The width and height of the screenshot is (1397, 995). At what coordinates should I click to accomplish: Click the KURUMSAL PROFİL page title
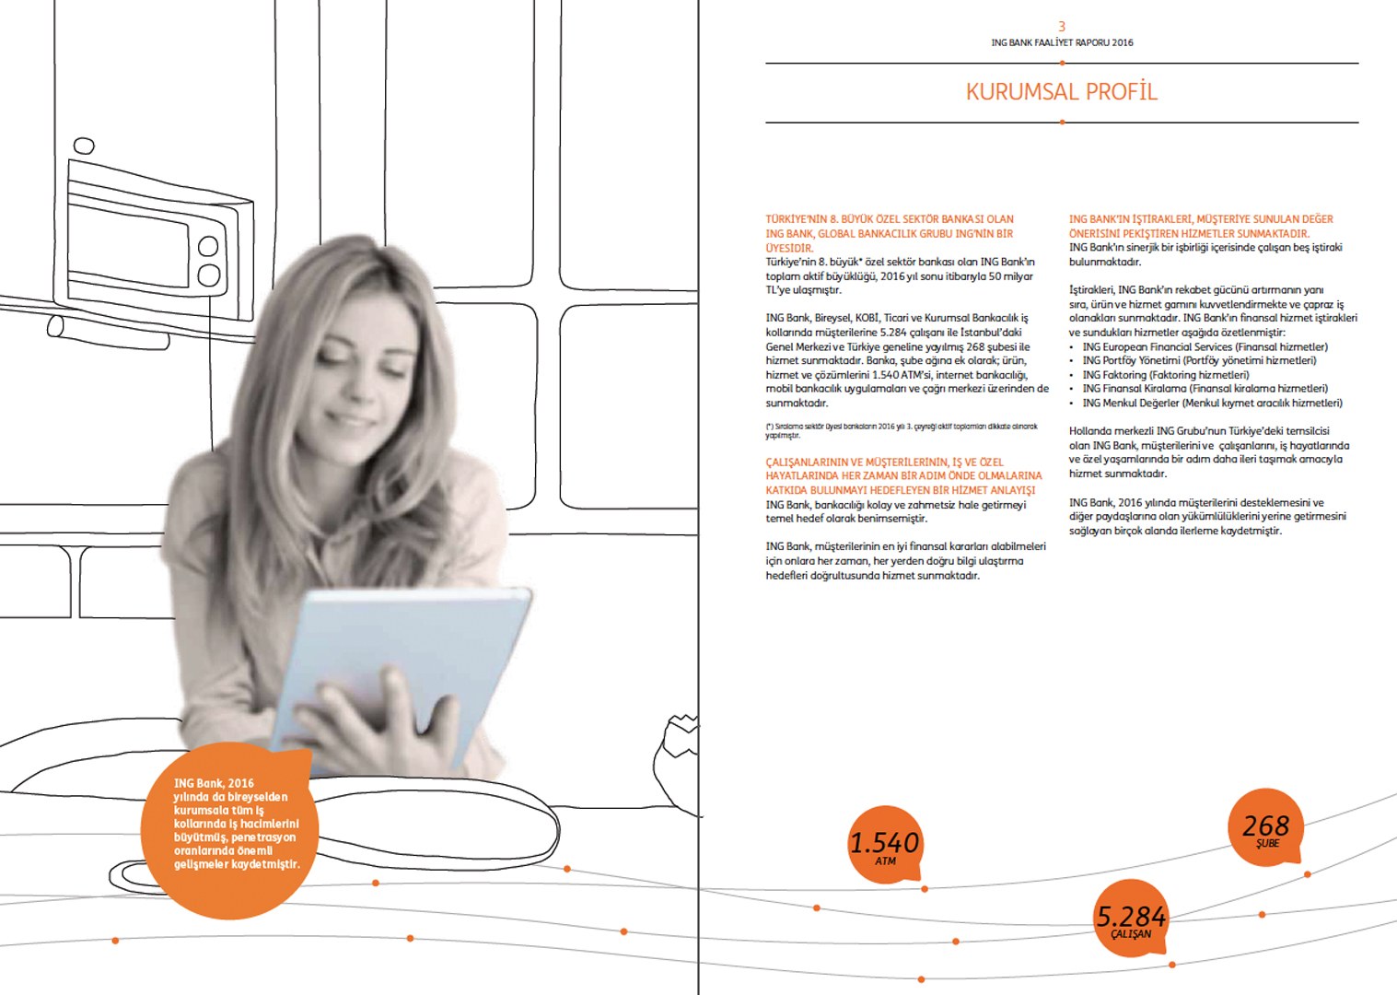(1061, 92)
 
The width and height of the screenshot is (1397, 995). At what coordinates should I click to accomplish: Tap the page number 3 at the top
(1062, 27)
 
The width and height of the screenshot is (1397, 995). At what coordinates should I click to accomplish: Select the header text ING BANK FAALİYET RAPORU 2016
(1062, 42)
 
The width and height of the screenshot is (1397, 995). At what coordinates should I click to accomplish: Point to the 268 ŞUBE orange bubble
(1266, 827)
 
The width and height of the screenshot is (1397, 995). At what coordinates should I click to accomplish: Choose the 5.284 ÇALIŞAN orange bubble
(1131, 919)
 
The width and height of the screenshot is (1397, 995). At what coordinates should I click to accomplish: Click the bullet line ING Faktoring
(1166, 375)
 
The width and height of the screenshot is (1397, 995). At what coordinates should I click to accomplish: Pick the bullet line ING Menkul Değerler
(1212, 403)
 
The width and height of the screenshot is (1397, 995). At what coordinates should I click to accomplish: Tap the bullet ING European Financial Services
(1205, 346)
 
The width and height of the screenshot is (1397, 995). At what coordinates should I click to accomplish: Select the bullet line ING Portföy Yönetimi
(1199, 360)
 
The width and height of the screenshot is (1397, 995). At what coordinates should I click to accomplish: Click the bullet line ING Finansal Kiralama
(1205, 389)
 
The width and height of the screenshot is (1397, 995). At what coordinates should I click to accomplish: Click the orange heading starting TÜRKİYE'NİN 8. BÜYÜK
(890, 233)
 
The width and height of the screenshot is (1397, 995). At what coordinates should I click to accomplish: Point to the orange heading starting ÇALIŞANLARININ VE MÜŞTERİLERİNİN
(903, 476)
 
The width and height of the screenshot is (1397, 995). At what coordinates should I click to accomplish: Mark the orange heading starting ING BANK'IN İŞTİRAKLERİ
(1201, 227)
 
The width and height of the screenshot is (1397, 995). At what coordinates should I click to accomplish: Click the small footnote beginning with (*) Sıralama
(901, 430)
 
